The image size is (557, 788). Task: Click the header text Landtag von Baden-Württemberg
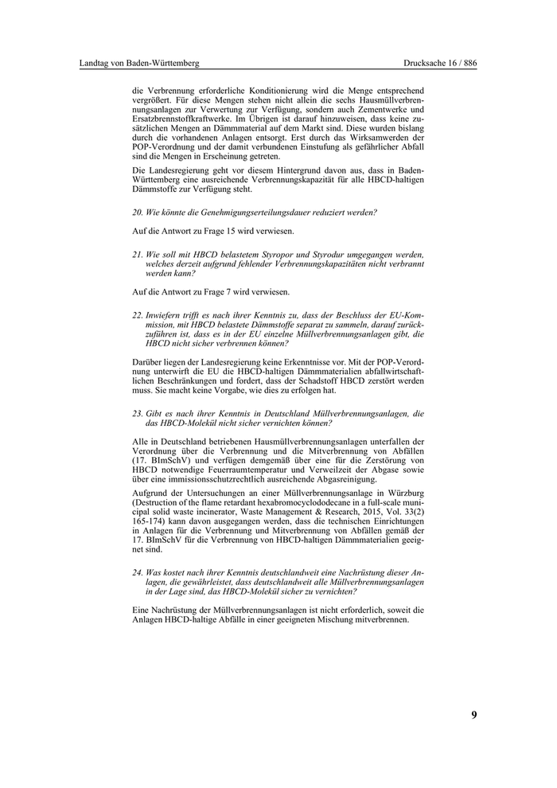139,63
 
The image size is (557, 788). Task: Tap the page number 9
474,715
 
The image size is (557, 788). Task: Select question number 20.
137,212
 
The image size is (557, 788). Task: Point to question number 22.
137,315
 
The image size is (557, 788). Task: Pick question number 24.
137,573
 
